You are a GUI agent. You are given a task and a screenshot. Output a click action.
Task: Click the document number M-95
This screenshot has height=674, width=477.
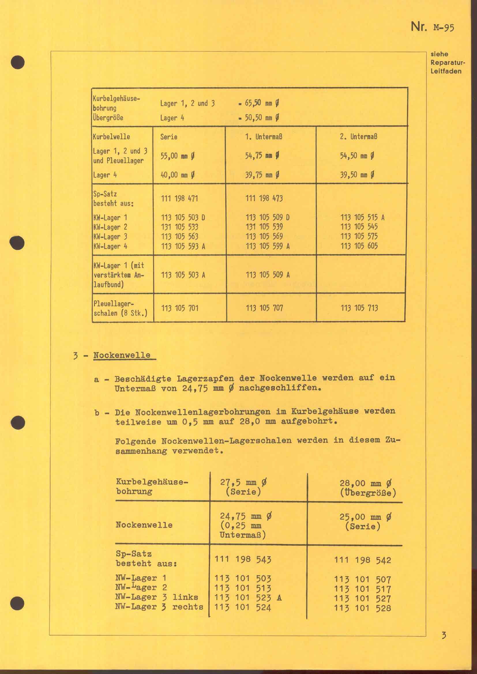click(x=444, y=28)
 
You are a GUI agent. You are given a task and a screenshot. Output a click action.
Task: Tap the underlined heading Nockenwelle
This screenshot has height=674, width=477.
click(x=122, y=355)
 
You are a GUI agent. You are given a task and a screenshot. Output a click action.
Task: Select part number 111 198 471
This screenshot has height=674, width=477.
click(x=179, y=199)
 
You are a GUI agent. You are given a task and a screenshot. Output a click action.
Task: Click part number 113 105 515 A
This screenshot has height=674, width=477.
click(x=363, y=218)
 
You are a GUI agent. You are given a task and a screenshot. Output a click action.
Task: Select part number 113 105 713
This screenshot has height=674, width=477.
click(x=359, y=308)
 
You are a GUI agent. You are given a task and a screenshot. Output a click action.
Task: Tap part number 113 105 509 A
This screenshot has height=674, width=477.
click(x=268, y=275)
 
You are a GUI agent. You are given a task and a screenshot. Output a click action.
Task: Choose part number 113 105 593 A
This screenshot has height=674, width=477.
click(x=183, y=246)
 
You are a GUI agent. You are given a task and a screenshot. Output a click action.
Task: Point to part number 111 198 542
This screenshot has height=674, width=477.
click(x=363, y=560)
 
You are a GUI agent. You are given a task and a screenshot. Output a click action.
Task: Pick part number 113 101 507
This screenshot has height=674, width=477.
click(x=363, y=579)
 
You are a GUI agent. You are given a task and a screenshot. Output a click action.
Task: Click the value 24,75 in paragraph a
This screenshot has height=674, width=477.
click(x=195, y=388)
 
